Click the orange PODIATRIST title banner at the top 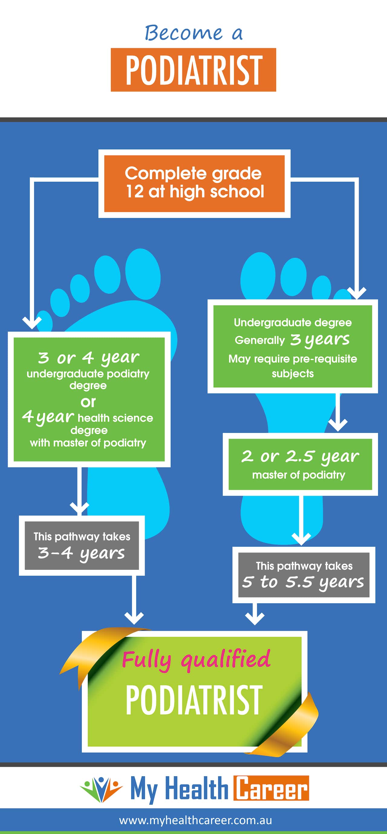click(193, 69)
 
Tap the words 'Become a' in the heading click(193, 33)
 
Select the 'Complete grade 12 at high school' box click(194, 183)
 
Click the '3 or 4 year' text click(88, 358)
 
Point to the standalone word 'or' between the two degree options click(88, 402)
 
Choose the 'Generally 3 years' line click(292, 340)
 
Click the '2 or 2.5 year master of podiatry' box click(300, 464)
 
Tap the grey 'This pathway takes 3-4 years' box click(82, 545)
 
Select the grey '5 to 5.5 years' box click(304, 575)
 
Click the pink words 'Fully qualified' click(196, 659)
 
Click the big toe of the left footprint click(143, 273)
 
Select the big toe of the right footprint click(258, 275)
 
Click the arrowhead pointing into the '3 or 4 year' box click(32, 322)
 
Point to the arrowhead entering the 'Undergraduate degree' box click(356, 293)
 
